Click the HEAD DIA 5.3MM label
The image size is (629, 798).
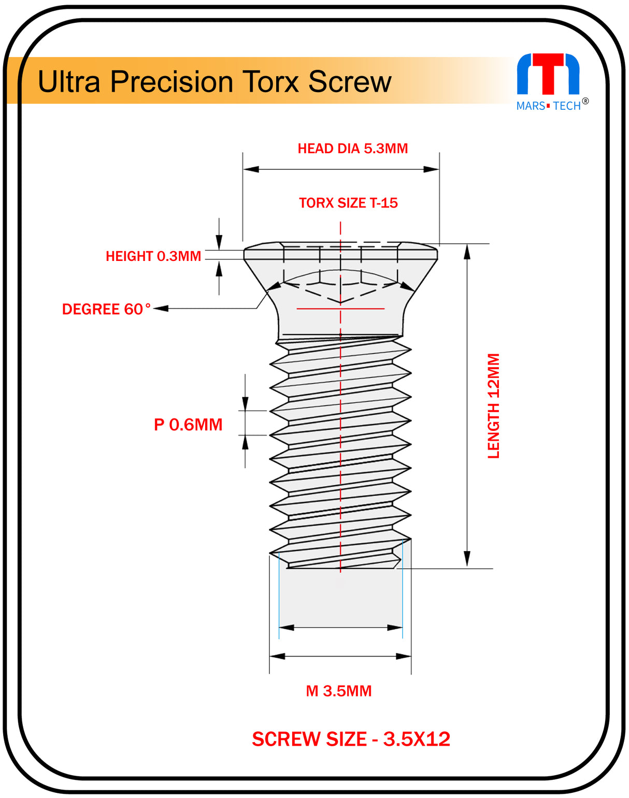click(x=352, y=149)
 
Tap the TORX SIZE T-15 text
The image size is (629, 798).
click(x=348, y=203)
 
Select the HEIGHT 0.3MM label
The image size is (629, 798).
click(x=153, y=256)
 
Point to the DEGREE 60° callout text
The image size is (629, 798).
click(x=106, y=309)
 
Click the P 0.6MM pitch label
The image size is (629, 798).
click(x=188, y=425)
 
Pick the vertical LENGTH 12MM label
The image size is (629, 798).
click(x=494, y=406)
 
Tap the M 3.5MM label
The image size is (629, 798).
click(x=339, y=691)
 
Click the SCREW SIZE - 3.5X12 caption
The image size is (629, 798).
click(x=351, y=739)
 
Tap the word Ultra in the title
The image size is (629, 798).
click(x=69, y=82)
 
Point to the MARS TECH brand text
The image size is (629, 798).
click(x=548, y=106)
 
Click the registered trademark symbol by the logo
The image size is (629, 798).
click(x=585, y=101)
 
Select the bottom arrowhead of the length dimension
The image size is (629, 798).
click(x=467, y=559)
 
